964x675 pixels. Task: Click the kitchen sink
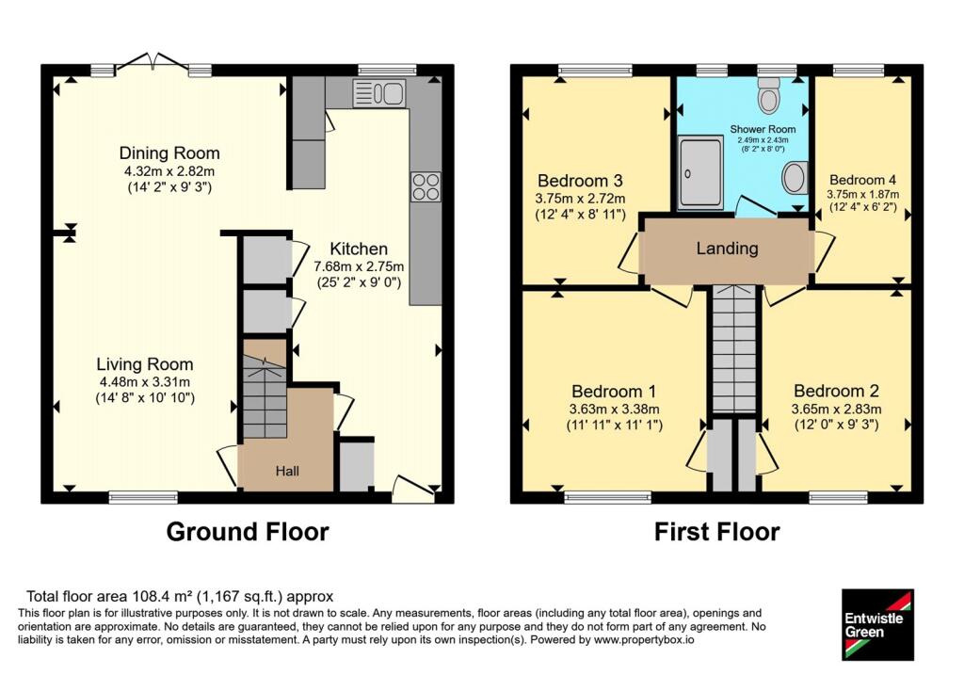click(x=378, y=93)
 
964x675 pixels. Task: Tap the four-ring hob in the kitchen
click(x=426, y=186)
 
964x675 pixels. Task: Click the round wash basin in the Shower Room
click(x=795, y=178)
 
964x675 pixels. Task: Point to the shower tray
click(x=700, y=172)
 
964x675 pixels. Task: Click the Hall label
click(x=287, y=471)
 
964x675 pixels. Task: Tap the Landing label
click(x=727, y=249)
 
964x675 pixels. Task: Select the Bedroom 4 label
click(x=862, y=180)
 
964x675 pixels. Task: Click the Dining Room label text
click(x=169, y=153)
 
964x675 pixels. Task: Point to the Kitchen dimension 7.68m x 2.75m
click(x=359, y=266)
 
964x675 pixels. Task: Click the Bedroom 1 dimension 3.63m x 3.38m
click(x=614, y=409)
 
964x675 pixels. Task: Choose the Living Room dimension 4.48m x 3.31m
click(x=145, y=382)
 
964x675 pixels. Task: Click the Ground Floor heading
click(x=248, y=532)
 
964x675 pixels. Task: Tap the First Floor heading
click(x=716, y=532)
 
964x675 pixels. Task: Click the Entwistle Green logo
click(x=877, y=624)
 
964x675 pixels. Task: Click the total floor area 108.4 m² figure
click(x=162, y=596)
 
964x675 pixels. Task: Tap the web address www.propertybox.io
click(x=643, y=639)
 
